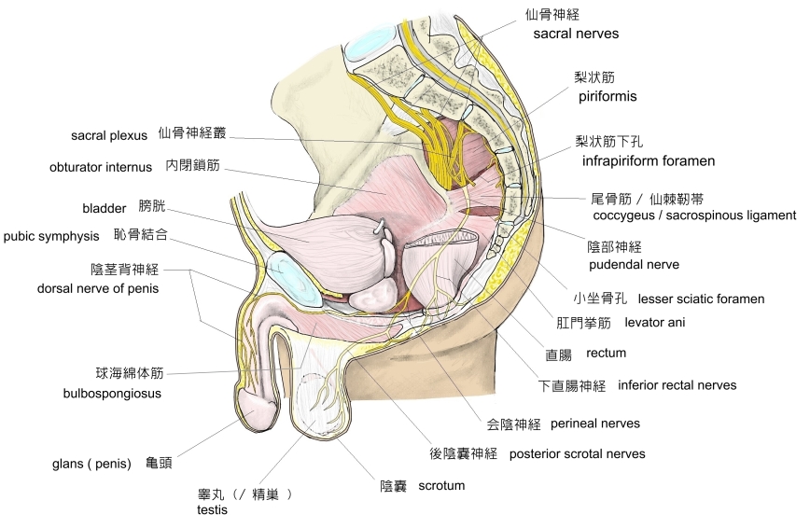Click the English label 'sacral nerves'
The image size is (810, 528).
coord(576,35)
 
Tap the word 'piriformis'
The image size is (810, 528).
coord(606,95)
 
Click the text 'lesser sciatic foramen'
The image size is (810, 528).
coord(701,299)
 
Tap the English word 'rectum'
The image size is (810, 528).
coord(606,354)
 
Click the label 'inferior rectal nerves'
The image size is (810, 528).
coord(677,385)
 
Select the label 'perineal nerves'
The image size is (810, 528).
coord(595,424)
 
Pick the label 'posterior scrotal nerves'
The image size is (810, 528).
coord(577,454)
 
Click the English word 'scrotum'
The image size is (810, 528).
coord(441,486)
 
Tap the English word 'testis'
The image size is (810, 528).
coord(212,510)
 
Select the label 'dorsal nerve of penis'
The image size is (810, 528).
coord(98,288)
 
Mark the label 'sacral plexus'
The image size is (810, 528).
coord(109,135)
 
